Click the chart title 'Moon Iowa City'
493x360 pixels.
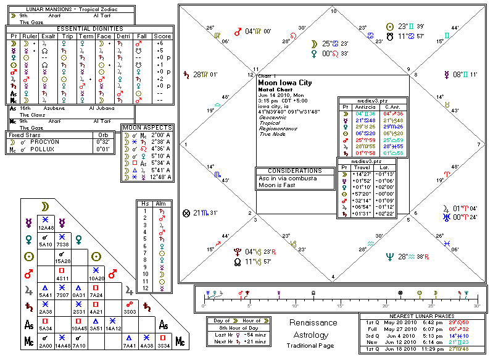pos(285,83)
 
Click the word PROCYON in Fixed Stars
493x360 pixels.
pos(52,141)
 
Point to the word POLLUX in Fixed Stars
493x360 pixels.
pos(51,149)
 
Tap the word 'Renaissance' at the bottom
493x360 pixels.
pos(313,323)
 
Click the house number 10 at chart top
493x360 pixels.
pos(334,11)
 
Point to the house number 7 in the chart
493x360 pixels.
pos(478,144)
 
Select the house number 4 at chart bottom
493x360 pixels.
pos(333,277)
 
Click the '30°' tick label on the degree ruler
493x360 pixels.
pos(476,306)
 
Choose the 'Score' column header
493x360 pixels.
pos(164,35)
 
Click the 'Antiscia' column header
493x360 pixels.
pos(364,106)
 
